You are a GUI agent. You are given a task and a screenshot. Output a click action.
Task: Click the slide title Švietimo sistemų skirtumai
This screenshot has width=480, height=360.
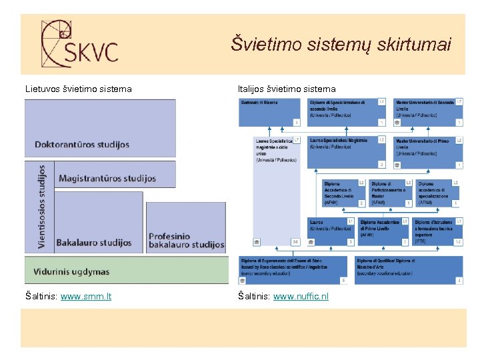pyautogui.click(x=341, y=44)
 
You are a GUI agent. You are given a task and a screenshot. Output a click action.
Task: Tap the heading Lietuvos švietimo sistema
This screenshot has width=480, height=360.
pyautogui.click(x=79, y=89)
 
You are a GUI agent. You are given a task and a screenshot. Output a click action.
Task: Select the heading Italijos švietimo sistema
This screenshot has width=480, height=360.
pyautogui.click(x=287, y=89)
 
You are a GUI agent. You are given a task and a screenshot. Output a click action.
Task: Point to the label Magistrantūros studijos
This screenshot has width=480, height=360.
pyautogui.click(x=107, y=178)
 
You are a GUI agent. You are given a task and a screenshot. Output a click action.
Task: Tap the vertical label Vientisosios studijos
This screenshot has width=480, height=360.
pyautogui.click(x=41, y=207)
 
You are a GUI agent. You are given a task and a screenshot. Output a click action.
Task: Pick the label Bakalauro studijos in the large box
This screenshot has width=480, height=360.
pyautogui.click(x=94, y=243)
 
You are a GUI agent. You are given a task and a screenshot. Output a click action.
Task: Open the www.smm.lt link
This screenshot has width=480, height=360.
pyautogui.click(x=86, y=296)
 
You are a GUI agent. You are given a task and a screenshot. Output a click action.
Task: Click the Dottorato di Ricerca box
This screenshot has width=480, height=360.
pyautogui.click(x=270, y=112)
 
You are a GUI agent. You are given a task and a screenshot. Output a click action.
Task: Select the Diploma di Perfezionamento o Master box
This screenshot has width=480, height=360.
pyautogui.click(x=391, y=193)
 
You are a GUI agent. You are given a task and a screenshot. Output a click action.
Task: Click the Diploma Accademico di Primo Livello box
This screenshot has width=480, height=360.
pyautogui.click(x=383, y=231)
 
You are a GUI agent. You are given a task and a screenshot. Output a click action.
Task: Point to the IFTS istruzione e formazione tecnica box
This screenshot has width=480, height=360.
pyautogui.click(x=437, y=231)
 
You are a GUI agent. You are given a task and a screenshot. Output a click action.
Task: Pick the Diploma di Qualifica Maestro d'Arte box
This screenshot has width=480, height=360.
pyautogui.click(x=409, y=270)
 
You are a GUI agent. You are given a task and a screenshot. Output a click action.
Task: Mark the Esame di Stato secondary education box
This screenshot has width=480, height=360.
pyautogui.click(x=293, y=270)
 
